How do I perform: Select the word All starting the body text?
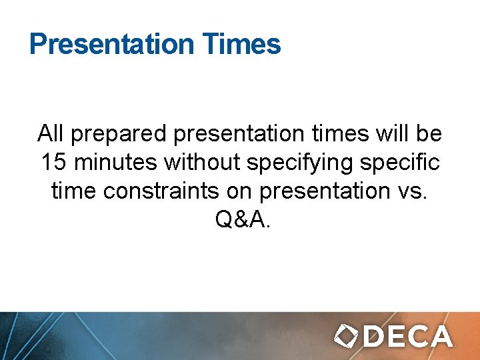pyautogui.click(x=51, y=133)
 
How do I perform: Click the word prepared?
pyautogui.click(x=119, y=135)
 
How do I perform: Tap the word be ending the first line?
pyautogui.click(x=428, y=133)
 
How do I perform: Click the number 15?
pyautogui.click(x=53, y=162)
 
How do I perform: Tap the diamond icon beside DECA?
pyautogui.click(x=346, y=336)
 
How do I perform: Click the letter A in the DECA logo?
pyautogui.click(x=439, y=336)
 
